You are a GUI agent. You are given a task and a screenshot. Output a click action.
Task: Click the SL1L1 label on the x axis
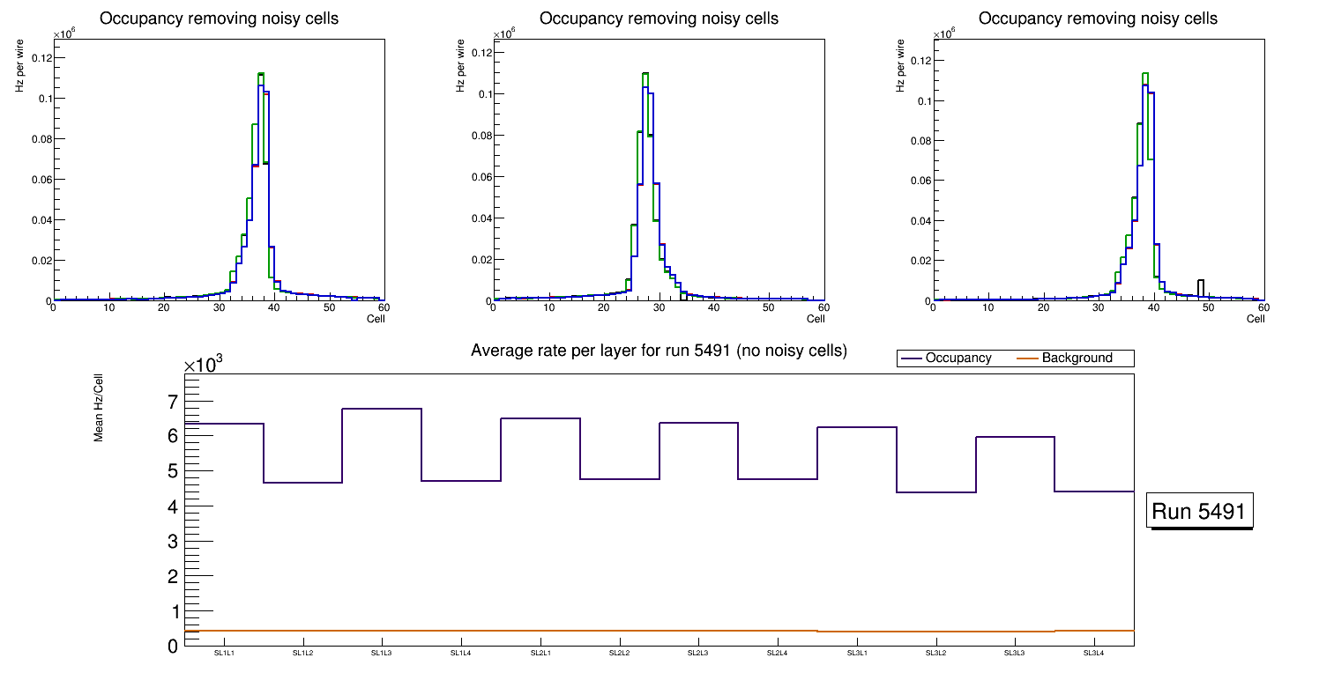point(225,654)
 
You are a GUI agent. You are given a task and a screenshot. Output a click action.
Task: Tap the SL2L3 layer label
point(699,654)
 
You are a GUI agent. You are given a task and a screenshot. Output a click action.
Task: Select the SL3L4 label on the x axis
point(1094,654)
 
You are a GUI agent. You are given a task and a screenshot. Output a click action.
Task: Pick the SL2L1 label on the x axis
point(540,654)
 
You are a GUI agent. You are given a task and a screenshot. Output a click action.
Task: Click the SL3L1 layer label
point(857,654)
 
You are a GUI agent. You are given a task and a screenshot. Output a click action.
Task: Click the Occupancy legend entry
point(946,358)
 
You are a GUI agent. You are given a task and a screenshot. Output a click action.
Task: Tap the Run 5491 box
point(1200,511)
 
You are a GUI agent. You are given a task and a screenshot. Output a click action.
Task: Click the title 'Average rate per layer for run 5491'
point(659,351)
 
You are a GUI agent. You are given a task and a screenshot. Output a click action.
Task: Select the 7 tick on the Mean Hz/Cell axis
point(172,402)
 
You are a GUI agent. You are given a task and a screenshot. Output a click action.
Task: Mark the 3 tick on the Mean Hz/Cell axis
point(172,541)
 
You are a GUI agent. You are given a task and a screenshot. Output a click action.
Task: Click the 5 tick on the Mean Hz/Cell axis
point(172,471)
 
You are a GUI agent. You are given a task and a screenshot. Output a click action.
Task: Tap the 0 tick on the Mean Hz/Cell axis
point(172,646)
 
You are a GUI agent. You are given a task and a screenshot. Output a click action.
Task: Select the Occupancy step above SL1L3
point(382,409)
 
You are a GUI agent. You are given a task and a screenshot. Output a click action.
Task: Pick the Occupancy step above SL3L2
point(935,492)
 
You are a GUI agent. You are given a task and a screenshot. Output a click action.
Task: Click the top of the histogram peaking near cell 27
point(645,74)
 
